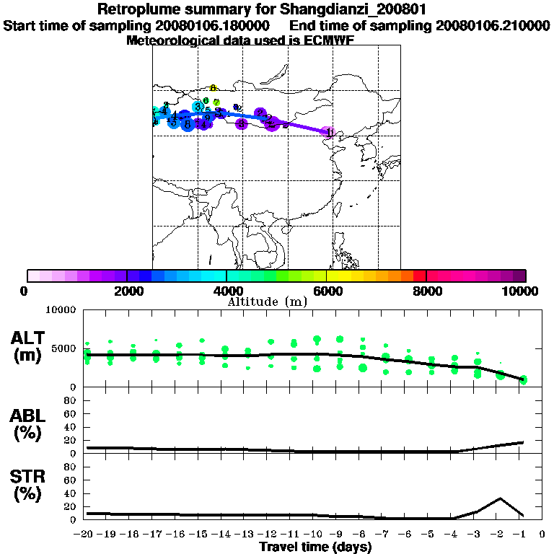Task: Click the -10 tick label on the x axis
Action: click(315, 535)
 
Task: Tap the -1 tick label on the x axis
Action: click(522, 535)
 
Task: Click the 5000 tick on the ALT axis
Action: click(65, 348)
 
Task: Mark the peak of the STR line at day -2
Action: click(500, 498)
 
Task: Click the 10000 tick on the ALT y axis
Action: click(62, 311)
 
